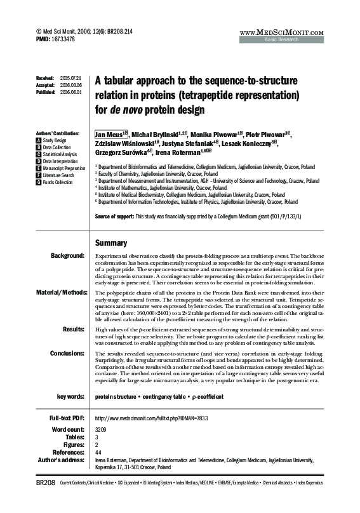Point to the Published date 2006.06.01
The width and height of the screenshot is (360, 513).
tap(71, 91)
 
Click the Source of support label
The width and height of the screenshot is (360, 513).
tap(114, 216)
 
